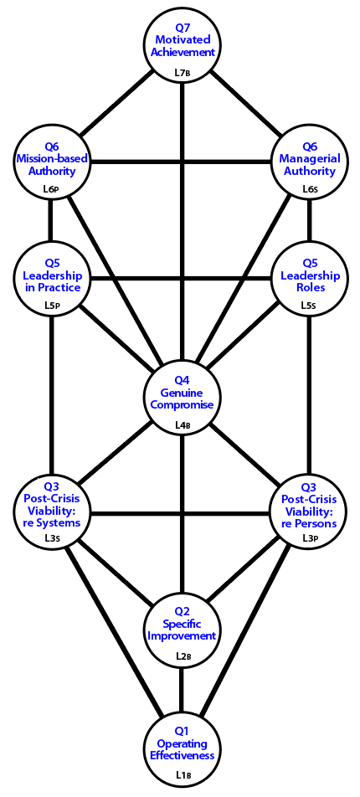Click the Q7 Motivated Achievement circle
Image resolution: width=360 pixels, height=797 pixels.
click(x=182, y=44)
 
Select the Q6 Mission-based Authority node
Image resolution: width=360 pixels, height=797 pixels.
click(x=51, y=162)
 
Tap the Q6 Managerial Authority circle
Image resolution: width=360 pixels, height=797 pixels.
click(x=310, y=162)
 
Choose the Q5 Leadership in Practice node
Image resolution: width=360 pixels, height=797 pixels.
click(x=51, y=279)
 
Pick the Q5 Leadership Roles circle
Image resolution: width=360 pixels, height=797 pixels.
click(x=310, y=279)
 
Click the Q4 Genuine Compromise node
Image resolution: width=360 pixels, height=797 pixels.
click(x=182, y=396)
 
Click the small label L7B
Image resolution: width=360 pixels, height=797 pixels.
click(x=182, y=72)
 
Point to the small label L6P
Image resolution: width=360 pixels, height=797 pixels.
click(x=52, y=189)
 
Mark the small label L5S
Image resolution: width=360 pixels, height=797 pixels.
click(x=310, y=307)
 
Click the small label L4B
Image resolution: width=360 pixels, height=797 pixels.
click(x=182, y=424)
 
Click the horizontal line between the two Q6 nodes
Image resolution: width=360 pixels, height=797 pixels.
click(x=181, y=162)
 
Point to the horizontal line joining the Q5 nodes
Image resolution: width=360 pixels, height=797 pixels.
click(x=181, y=279)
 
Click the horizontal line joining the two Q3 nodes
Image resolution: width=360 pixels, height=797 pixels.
click(x=181, y=513)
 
